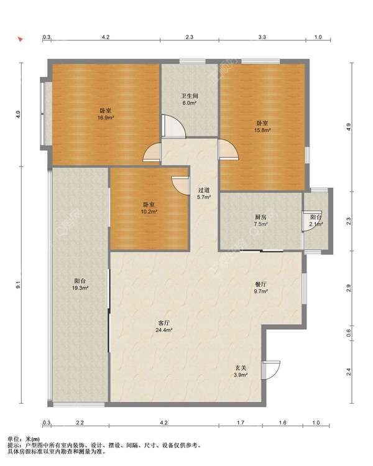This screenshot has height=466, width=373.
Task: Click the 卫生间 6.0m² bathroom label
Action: click(x=190, y=100)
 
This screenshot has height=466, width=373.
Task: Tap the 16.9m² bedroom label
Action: click(x=106, y=114)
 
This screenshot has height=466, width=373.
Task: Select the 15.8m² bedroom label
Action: click(x=262, y=126)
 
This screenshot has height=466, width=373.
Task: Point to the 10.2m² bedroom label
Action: click(x=149, y=208)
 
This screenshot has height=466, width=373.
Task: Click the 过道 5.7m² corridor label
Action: click(x=204, y=193)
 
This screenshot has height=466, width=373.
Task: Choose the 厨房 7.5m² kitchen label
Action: click(x=260, y=220)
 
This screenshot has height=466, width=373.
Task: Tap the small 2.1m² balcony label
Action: click(x=316, y=220)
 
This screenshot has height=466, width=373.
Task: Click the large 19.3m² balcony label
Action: click(x=80, y=284)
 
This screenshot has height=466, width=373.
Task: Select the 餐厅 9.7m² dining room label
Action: click(x=260, y=287)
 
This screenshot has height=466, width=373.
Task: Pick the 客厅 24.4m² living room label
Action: click(x=164, y=326)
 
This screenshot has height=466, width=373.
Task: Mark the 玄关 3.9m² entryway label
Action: click(x=241, y=371)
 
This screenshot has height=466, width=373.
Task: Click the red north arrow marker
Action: click(x=21, y=39)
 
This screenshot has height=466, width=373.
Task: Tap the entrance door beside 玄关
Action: click(x=270, y=370)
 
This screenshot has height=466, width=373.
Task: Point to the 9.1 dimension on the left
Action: click(x=19, y=285)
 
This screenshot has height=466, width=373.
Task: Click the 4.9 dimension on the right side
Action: click(x=349, y=127)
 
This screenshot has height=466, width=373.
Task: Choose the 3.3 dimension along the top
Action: click(x=262, y=37)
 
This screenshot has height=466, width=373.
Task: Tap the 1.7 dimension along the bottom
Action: click(x=241, y=422)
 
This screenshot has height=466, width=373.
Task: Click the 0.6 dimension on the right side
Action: click(x=349, y=333)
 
